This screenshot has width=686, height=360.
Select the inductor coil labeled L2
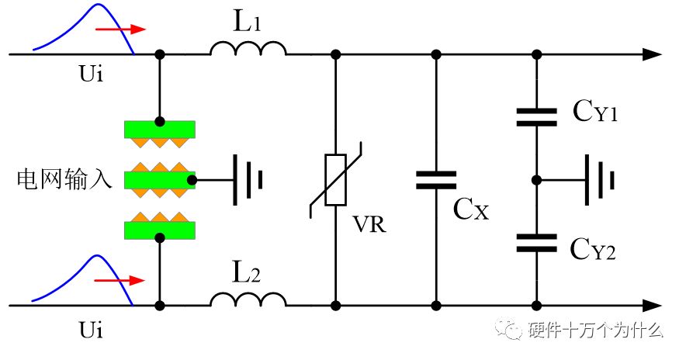tap(248, 299)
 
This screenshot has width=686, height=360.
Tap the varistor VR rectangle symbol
tap(335, 180)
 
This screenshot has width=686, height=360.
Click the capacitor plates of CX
tap(436, 180)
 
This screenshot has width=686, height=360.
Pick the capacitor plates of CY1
tap(537, 117)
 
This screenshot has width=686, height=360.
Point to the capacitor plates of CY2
tap(537, 243)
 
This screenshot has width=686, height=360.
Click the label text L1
tap(248, 20)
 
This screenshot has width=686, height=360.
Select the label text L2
tap(246, 272)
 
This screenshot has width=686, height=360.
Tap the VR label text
tap(369, 224)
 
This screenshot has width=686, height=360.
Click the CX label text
tap(471, 209)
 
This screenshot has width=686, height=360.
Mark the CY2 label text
tap(593, 249)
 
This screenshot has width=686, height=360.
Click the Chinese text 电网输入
tap(64, 179)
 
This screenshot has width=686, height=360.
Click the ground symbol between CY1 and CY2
tap(600, 180)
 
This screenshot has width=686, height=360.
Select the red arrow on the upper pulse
tap(121, 29)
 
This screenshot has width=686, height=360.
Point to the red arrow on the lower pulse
tap(120, 280)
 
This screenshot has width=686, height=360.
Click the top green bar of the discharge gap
tap(160, 130)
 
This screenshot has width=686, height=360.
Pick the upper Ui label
tap(91, 73)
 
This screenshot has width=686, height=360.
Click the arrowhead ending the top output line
tap(652, 54)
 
